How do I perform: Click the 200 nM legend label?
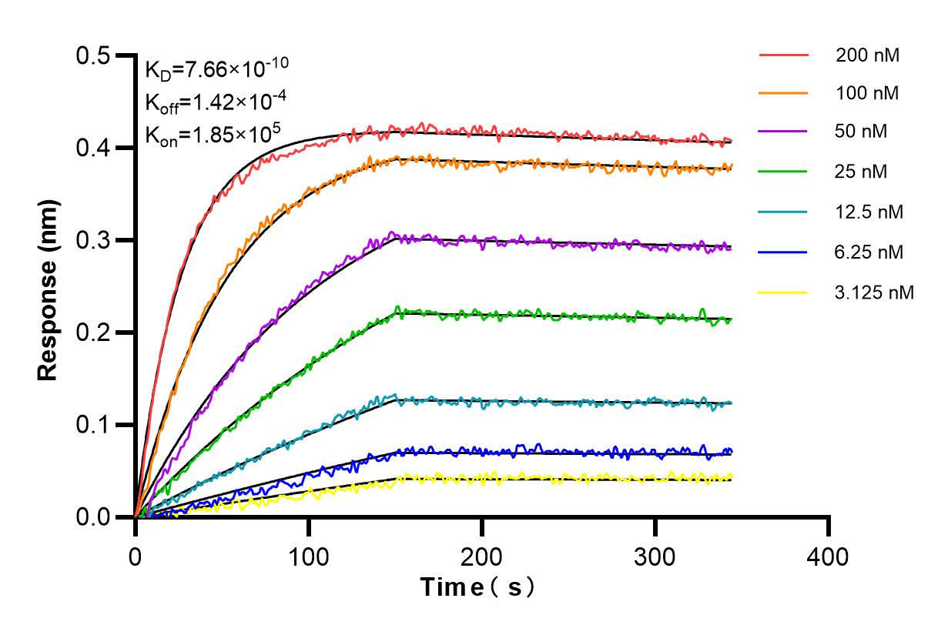[867, 55]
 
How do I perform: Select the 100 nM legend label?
[867, 94]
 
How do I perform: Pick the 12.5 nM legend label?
[869, 212]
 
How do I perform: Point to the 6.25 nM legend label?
[869, 252]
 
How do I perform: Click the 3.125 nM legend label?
[875, 292]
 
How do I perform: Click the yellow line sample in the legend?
[783, 292]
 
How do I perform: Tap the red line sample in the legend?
[783, 55]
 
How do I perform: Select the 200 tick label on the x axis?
[482, 556]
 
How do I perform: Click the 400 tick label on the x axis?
[829, 556]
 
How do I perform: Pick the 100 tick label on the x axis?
[309, 556]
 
